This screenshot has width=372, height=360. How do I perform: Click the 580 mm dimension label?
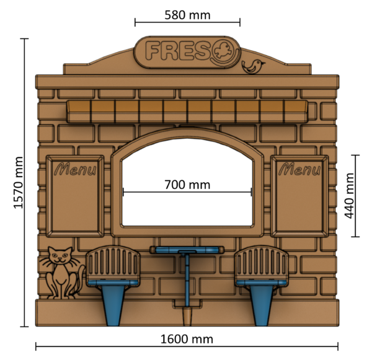(187, 14)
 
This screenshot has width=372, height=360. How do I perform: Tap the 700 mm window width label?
(187, 184)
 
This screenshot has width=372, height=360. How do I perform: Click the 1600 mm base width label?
(187, 339)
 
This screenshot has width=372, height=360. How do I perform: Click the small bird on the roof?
(253, 66)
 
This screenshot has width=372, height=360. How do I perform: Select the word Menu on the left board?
(75, 169)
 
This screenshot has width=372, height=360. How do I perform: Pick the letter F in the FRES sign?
(153, 51)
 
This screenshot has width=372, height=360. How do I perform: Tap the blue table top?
(185, 250)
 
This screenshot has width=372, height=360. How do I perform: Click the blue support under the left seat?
(113, 304)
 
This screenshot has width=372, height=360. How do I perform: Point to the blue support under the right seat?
(261, 304)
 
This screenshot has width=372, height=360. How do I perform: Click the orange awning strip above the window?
(186, 110)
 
